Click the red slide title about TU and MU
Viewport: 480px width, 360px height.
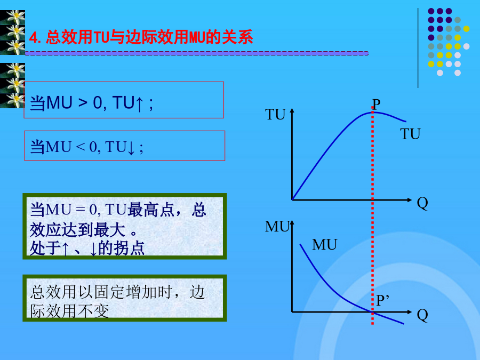coord(141,37)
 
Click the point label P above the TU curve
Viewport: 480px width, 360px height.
coord(376,105)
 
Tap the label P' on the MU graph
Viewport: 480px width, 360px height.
coord(382,300)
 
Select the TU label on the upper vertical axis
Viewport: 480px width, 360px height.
coord(275,115)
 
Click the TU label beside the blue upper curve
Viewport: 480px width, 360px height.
coord(410,134)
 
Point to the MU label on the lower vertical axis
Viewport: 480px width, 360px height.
coord(277,227)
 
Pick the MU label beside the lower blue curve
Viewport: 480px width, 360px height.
coord(324,245)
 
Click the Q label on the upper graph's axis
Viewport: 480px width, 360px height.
coord(422,203)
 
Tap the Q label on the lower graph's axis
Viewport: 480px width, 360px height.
coord(422,315)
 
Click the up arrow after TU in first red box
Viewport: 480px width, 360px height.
coord(139,104)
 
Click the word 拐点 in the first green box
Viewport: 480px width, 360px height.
coord(129,248)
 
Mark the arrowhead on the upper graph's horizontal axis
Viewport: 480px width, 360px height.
coord(410,200)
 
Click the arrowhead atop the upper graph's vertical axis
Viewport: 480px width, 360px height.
coord(292,110)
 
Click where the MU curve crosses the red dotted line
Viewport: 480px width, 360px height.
coord(373,312)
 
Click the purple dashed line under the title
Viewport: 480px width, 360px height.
coord(196,53)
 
